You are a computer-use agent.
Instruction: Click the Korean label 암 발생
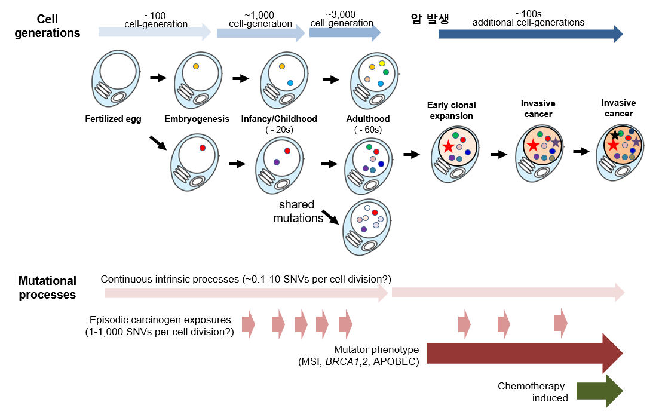430,18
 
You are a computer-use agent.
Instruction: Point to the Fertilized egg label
113,118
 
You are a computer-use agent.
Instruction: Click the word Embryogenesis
197,118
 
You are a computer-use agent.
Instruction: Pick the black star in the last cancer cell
615,134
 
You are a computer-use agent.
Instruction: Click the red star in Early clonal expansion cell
448,146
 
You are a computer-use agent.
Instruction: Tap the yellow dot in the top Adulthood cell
382,63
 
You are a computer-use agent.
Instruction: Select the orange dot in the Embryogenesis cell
195,66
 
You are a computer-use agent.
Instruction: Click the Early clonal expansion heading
451,111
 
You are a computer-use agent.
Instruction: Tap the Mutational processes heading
47,287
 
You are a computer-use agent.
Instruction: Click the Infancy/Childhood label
279,118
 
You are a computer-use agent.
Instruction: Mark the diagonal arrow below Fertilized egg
158,143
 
